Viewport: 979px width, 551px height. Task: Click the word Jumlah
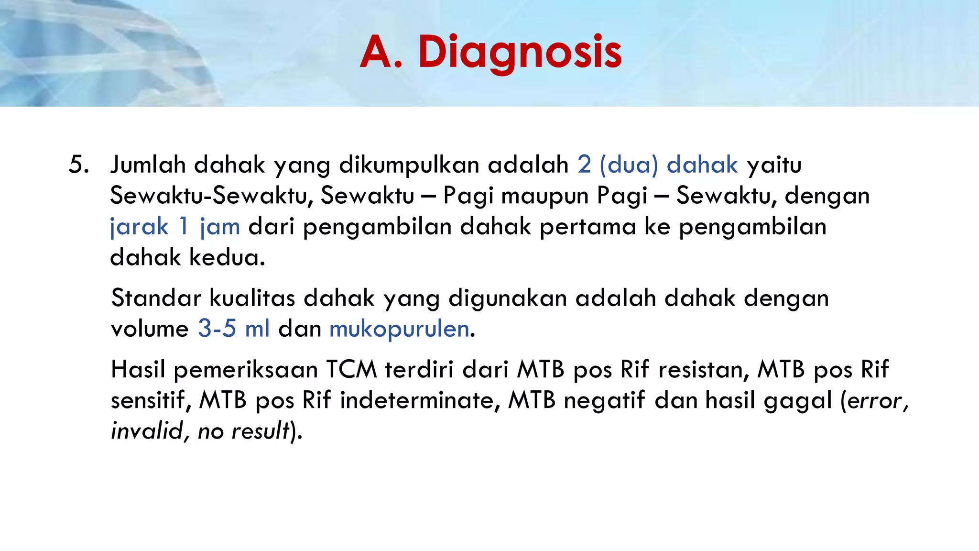[x=148, y=165]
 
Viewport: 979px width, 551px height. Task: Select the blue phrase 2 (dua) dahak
[x=658, y=165]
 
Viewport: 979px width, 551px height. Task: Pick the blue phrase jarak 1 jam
[x=175, y=227]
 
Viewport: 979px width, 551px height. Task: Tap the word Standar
[x=156, y=298]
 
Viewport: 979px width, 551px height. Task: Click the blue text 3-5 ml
[x=234, y=329]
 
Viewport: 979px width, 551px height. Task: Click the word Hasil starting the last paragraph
[x=138, y=370]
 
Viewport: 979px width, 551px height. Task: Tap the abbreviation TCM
[x=352, y=370]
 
